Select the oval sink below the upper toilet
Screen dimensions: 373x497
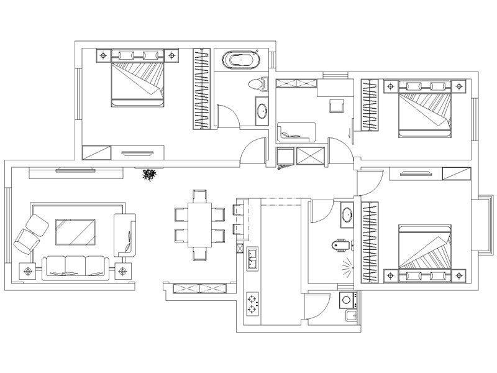[x=262, y=111]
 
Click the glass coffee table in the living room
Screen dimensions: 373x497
[x=75, y=231]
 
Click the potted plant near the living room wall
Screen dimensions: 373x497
[x=148, y=175]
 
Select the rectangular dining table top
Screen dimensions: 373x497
[x=199, y=224]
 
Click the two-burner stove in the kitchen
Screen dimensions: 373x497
[x=253, y=303]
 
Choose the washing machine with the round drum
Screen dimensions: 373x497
[x=346, y=300]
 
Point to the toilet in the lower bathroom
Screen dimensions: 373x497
[x=337, y=246]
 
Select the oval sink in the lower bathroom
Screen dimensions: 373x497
[x=346, y=216]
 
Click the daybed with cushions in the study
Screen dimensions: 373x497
[x=296, y=131]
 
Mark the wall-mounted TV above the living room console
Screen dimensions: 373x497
[x=73, y=169]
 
